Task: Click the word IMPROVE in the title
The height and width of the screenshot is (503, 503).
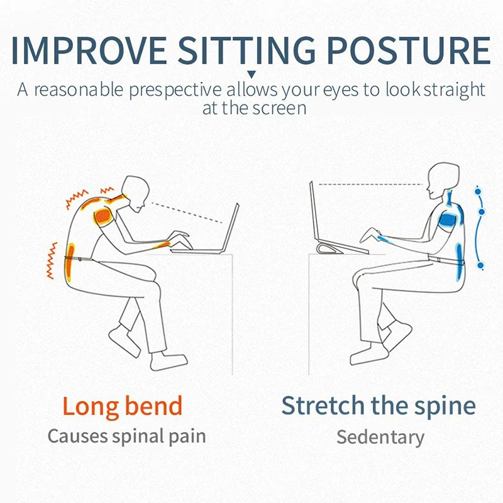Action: click(x=89, y=50)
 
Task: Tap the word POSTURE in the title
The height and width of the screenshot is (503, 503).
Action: click(x=409, y=50)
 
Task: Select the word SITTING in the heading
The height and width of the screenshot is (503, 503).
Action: click(x=246, y=50)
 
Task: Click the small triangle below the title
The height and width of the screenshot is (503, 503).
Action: click(x=252, y=75)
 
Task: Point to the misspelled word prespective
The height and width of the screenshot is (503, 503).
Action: click(x=175, y=90)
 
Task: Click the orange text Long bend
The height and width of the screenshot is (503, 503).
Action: click(x=122, y=407)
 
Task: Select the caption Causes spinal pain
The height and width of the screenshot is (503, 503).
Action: click(x=127, y=437)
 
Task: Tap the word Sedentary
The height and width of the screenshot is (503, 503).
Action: click(x=380, y=438)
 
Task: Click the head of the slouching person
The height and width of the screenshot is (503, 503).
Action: click(x=136, y=193)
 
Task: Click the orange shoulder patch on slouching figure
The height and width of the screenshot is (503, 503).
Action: click(x=102, y=216)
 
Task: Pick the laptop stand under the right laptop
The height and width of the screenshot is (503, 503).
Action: click(x=331, y=248)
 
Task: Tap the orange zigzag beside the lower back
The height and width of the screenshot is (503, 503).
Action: click(x=52, y=260)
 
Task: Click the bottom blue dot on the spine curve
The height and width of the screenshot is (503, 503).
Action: click(x=480, y=265)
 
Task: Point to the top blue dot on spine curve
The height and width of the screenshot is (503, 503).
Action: click(x=478, y=192)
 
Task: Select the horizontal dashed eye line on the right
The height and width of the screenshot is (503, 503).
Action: click(x=371, y=184)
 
